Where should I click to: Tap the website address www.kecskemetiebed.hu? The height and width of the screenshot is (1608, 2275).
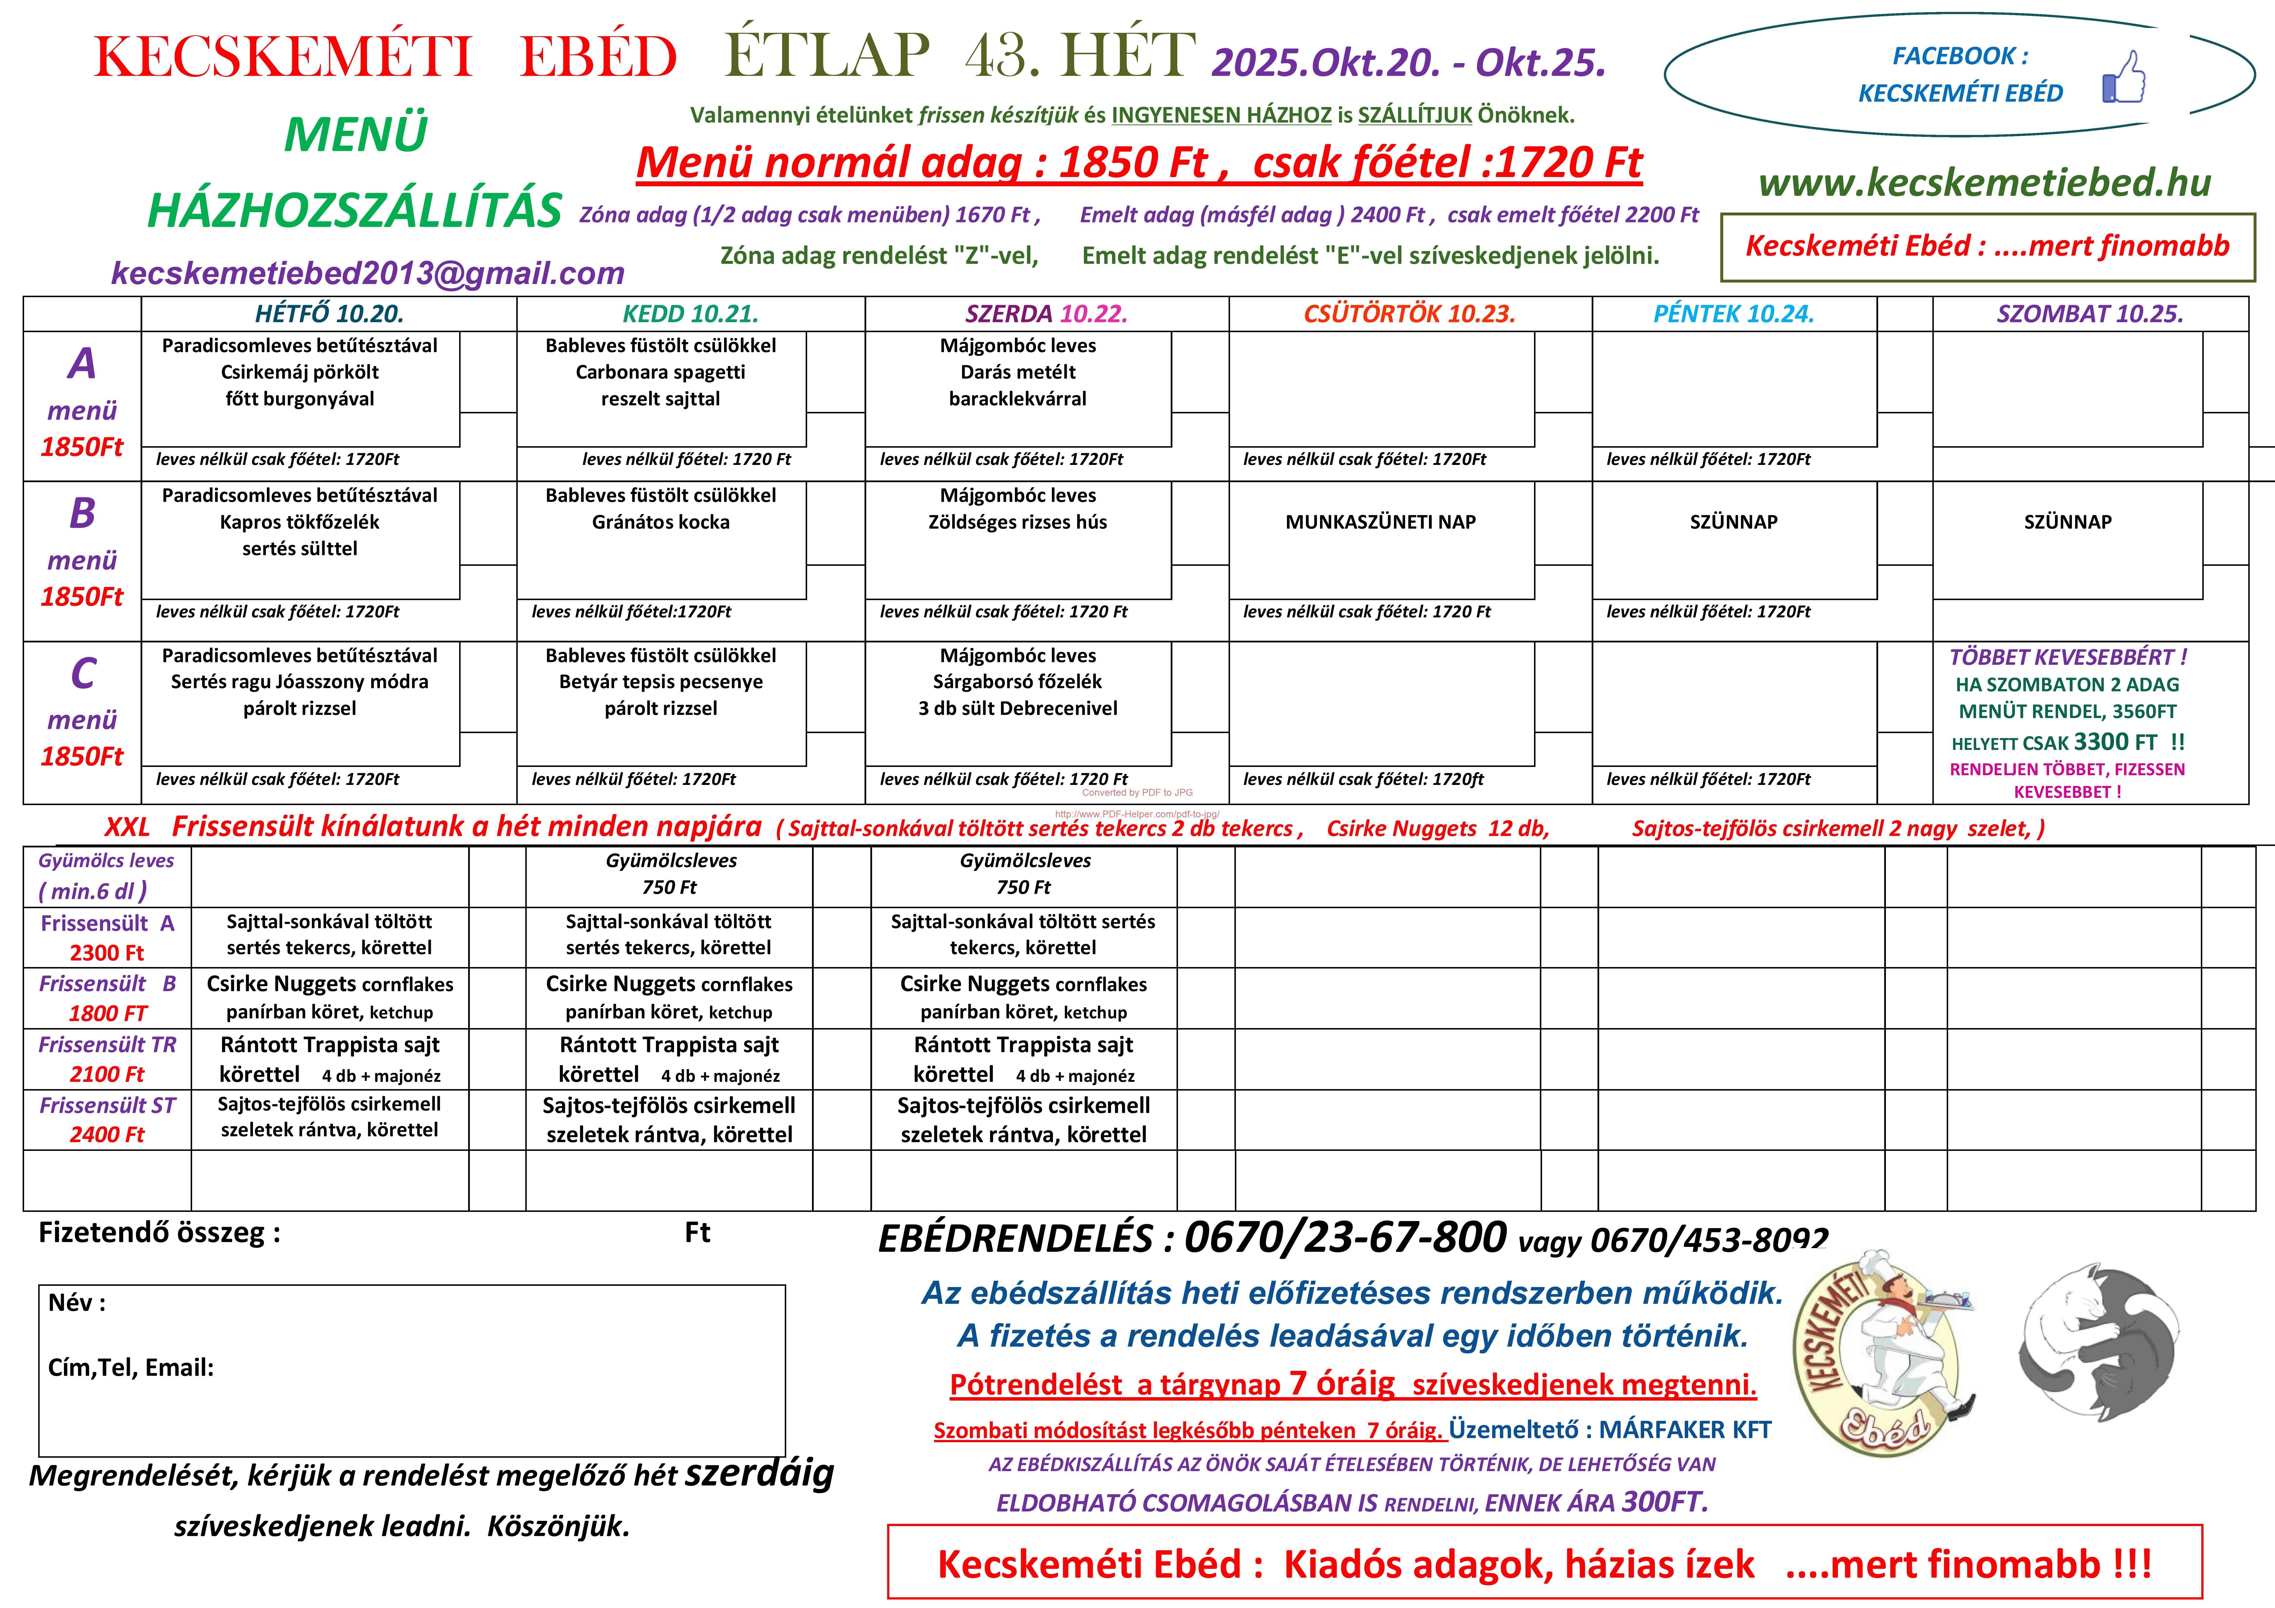click(1985, 182)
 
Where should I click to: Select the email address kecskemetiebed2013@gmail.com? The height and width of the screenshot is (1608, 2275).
click(368, 273)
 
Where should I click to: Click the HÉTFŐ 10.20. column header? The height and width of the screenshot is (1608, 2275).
click(329, 314)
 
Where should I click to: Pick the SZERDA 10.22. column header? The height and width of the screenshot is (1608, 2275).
click(1046, 314)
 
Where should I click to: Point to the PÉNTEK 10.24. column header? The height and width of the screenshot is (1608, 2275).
click(1733, 314)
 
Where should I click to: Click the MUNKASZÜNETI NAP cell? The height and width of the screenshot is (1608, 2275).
click(1380, 522)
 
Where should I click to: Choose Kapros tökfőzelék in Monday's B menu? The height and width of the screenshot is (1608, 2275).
click(299, 522)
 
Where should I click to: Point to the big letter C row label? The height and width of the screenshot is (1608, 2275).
click(83, 674)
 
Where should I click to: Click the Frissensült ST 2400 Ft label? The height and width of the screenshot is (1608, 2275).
click(107, 1119)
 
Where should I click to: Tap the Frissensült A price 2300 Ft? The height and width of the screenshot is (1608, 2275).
click(107, 953)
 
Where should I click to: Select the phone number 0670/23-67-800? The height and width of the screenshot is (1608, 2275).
click(1345, 1237)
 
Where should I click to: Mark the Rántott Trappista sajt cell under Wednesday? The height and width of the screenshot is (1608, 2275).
click(1024, 1059)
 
